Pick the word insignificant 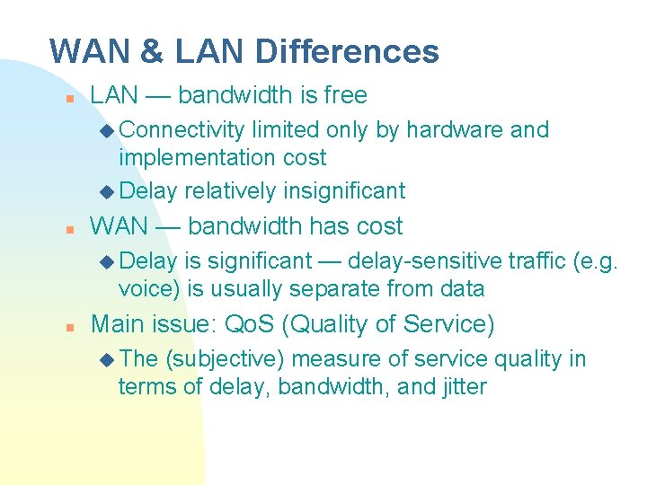pos(344,190)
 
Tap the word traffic pos(536,261)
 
